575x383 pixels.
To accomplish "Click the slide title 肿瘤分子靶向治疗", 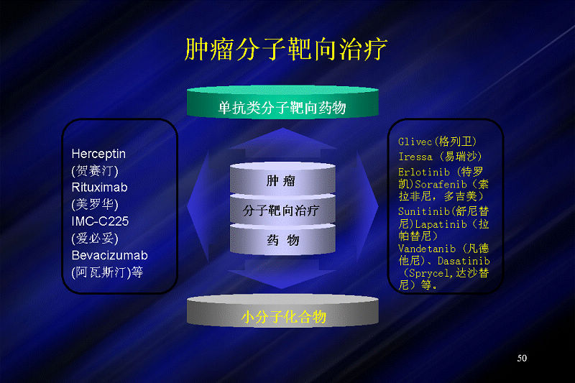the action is coord(285,49).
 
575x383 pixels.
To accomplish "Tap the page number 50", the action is coord(522,358).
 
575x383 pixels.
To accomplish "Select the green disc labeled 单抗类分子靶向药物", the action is coord(282,102).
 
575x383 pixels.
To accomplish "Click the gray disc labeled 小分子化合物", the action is coord(282,311).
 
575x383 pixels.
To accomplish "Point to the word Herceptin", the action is coord(98,154).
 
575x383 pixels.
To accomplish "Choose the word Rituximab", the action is coord(99,188).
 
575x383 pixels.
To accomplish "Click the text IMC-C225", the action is coord(100,221).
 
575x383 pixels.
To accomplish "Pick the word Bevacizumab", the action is coord(110,255).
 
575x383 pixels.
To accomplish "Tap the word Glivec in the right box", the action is coord(415,142).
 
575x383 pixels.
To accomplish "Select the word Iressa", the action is coord(415,157).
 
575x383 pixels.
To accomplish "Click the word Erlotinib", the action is coord(424,172).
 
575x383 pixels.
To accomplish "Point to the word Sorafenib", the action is coord(441,185).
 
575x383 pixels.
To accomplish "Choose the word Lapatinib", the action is coord(441,224).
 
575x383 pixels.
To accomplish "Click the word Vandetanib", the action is coord(427,249).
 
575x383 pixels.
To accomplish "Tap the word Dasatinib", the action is coord(464,261).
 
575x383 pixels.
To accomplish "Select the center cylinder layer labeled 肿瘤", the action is coord(282,178).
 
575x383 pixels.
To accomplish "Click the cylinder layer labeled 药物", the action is coord(282,239).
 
